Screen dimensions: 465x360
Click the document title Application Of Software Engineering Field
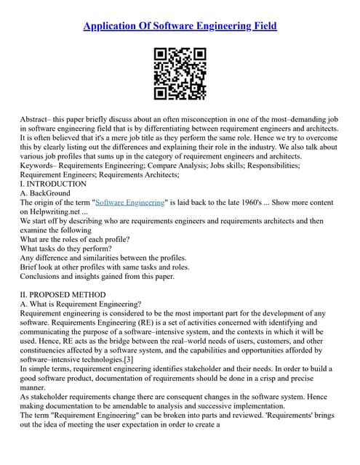pos(180,27)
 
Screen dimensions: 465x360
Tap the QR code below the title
pos(180,73)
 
